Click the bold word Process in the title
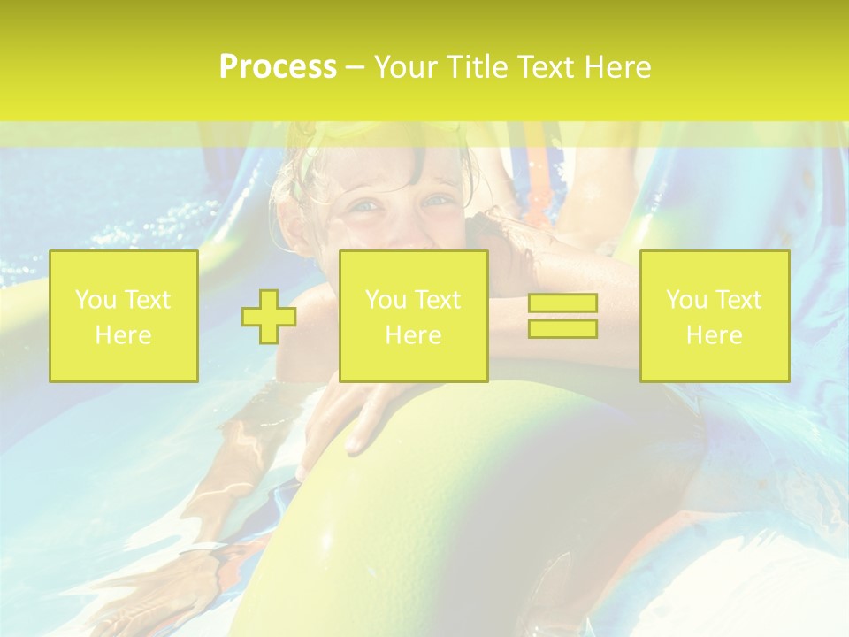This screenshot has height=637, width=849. coord(278,67)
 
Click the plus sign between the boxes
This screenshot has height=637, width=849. coord(269,317)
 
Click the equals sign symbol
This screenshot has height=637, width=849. coord(562,316)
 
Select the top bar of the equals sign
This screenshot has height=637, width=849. coord(562,303)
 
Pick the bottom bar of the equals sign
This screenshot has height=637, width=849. coord(562,328)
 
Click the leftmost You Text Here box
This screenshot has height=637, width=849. coord(124,316)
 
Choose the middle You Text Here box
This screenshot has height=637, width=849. coord(413,316)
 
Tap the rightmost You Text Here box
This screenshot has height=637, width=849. coord(715,316)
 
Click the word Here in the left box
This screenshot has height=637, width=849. coord(124,335)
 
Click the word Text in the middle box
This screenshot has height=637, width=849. coord(437,300)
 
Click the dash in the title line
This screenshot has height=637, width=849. coord(355,68)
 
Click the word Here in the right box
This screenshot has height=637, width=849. coord(715,335)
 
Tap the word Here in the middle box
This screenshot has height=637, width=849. coord(413,335)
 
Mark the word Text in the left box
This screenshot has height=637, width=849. coord(147,300)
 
